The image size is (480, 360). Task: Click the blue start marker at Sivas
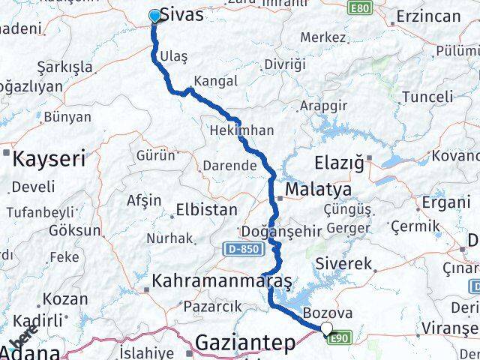click(x=155, y=16)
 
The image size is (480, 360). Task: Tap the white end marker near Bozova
click(x=326, y=328)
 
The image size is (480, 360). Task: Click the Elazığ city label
click(x=338, y=161)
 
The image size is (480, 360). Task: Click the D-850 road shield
click(x=239, y=247)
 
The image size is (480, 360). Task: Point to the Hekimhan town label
click(x=241, y=130)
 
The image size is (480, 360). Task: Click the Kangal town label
click(x=215, y=80)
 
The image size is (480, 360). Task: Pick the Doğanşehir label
click(x=271, y=231)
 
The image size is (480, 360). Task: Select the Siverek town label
click(x=344, y=264)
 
